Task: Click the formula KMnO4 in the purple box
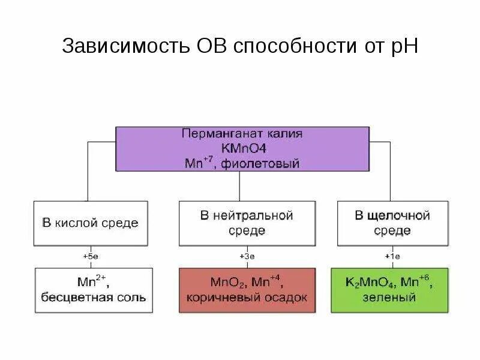point(242,148)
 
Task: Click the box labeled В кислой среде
point(90,223)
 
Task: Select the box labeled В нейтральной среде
point(247,223)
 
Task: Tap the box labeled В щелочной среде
point(392,223)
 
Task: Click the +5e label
point(90,256)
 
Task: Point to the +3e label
point(247,256)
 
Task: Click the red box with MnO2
point(247,290)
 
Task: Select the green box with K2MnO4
point(389,290)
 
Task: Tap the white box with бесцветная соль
point(94,290)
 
